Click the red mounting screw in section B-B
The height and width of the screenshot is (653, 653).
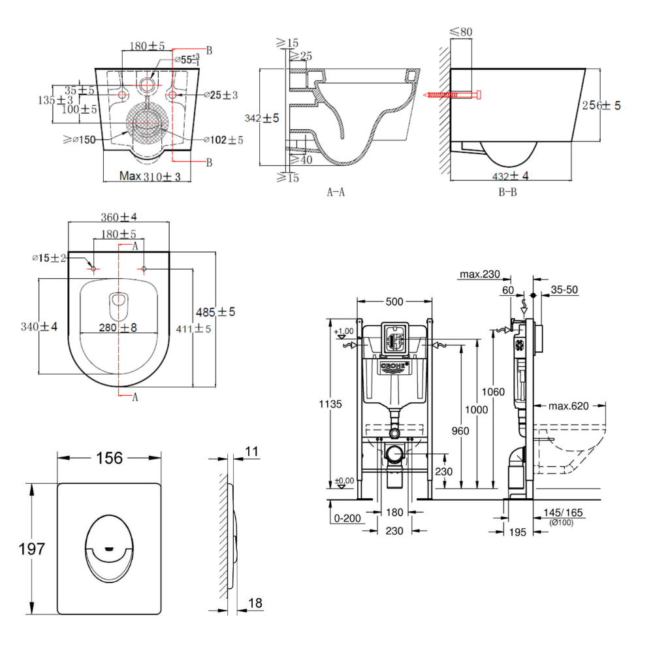pyautogui.click(x=451, y=95)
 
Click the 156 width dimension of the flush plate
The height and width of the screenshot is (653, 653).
pyautogui.click(x=110, y=458)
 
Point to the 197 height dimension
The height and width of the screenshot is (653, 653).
pyautogui.click(x=32, y=549)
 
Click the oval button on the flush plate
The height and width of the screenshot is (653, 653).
pyautogui.click(x=110, y=549)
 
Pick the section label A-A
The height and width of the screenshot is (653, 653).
pyautogui.click(x=336, y=192)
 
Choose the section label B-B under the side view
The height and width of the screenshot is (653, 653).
pyautogui.click(x=507, y=192)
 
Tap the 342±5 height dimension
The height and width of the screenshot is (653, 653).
pyautogui.click(x=261, y=119)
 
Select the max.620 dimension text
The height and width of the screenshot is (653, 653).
pyautogui.click(x=568, y=406)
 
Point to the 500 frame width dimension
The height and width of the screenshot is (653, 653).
pyautogui.click(x=394, y=301)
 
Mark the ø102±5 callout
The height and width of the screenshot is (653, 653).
pyautogui.click(x=223, y=140)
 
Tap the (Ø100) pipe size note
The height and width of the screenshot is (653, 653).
pyautogui.click(x=561, y=523)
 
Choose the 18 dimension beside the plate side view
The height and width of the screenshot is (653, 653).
pyautogui.click(x=255, y=603)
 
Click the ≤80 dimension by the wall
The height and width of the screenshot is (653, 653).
pyautogui.click(x=461, y=31)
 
